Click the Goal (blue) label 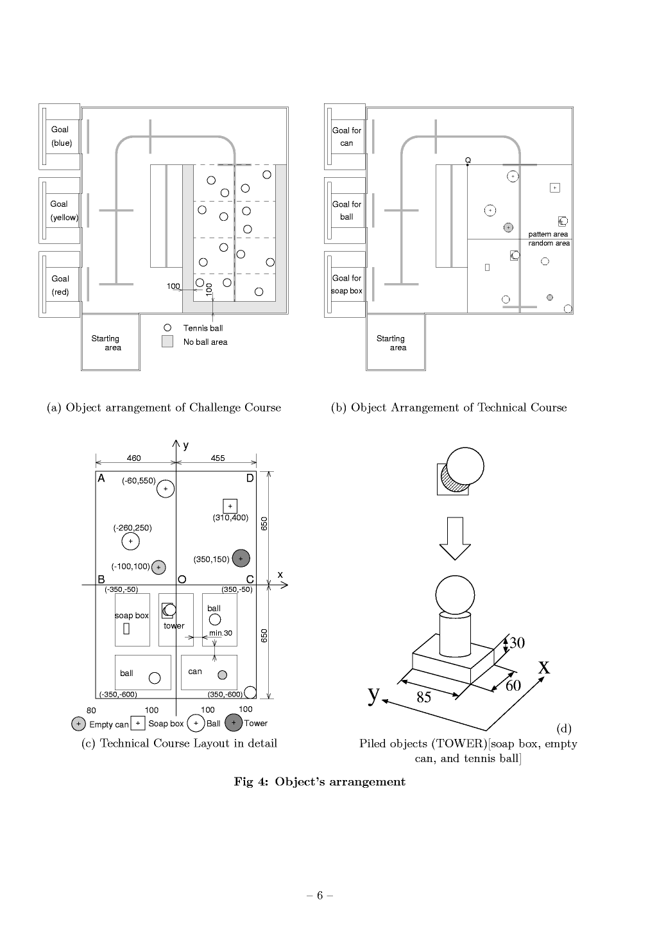(x=61, y=136)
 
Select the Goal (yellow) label (x=64, y=211)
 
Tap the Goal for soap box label (x=346, y=284)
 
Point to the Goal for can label (x=346, y=137)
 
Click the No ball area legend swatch (x=167, y=342)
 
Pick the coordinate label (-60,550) (x=139, y=480)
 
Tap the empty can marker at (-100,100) (x=158, y=568)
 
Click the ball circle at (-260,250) (x=130, y=542)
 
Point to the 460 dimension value (x=133, y=458)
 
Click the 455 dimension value (x=218, y=458)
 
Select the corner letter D (x=250, y=478)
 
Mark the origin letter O (x=182, y=579)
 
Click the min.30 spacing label (x=221, y=633)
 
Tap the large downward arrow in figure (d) (x=455, y=538)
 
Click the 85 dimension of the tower (x=423, y=698)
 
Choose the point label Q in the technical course (x=468, y=160)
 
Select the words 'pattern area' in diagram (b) (x=548, y=234)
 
